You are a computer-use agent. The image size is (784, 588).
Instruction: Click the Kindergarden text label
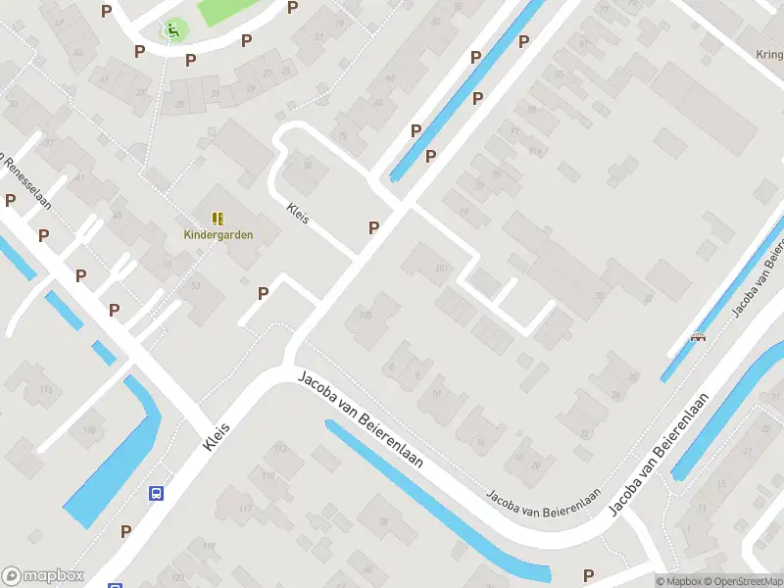(x=218, y=234)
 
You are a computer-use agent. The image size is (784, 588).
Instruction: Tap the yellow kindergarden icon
(x=218, y=219)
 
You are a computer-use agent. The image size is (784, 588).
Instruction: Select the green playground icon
(x=172, y=30)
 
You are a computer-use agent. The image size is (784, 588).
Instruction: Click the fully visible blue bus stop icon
(x=156, y=494)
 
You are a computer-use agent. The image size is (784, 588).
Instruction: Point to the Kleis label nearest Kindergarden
(x=298, y=213)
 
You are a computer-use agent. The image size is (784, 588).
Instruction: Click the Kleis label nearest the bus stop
(x=217, y=437)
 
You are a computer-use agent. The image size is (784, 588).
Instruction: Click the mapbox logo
(x=43, y=576)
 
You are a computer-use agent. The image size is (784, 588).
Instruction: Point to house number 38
(x=384, y=521)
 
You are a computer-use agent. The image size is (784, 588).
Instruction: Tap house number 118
(x=91, y=430)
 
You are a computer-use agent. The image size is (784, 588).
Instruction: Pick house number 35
(x=179, y=104)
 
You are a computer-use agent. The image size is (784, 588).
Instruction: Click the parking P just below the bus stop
(x=125, y=531)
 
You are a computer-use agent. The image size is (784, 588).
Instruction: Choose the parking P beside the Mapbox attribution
(x=588, y=575)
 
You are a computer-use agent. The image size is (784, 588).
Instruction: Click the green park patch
(x=225, y=12)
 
